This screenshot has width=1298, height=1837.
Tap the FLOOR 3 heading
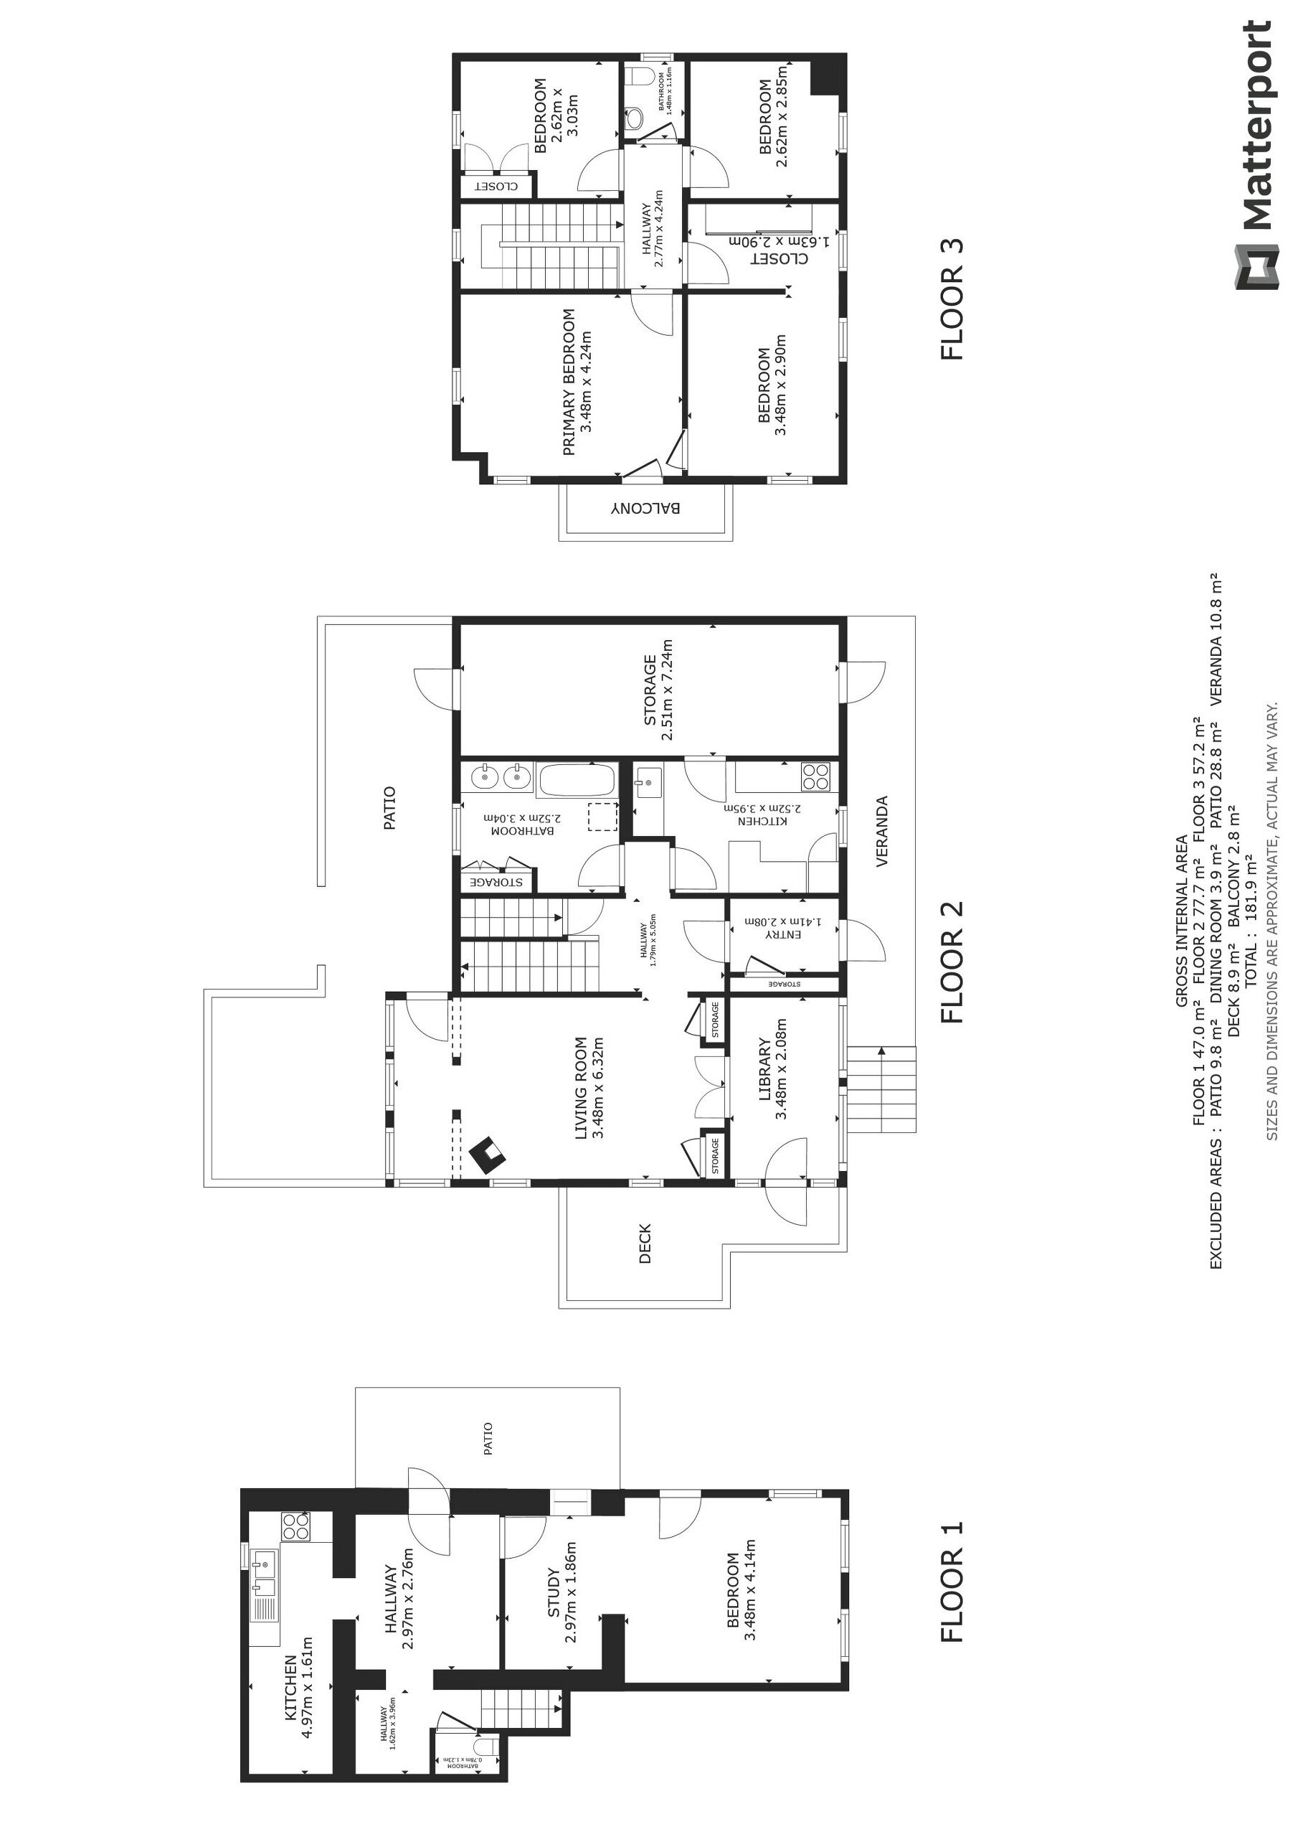952,300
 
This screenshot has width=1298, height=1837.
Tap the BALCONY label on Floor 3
646,508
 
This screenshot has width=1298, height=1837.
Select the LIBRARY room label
764,1071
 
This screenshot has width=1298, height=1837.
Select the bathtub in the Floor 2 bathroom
577,780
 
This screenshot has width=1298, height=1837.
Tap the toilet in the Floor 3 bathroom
637,118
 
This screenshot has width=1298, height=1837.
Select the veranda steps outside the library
881,1089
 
